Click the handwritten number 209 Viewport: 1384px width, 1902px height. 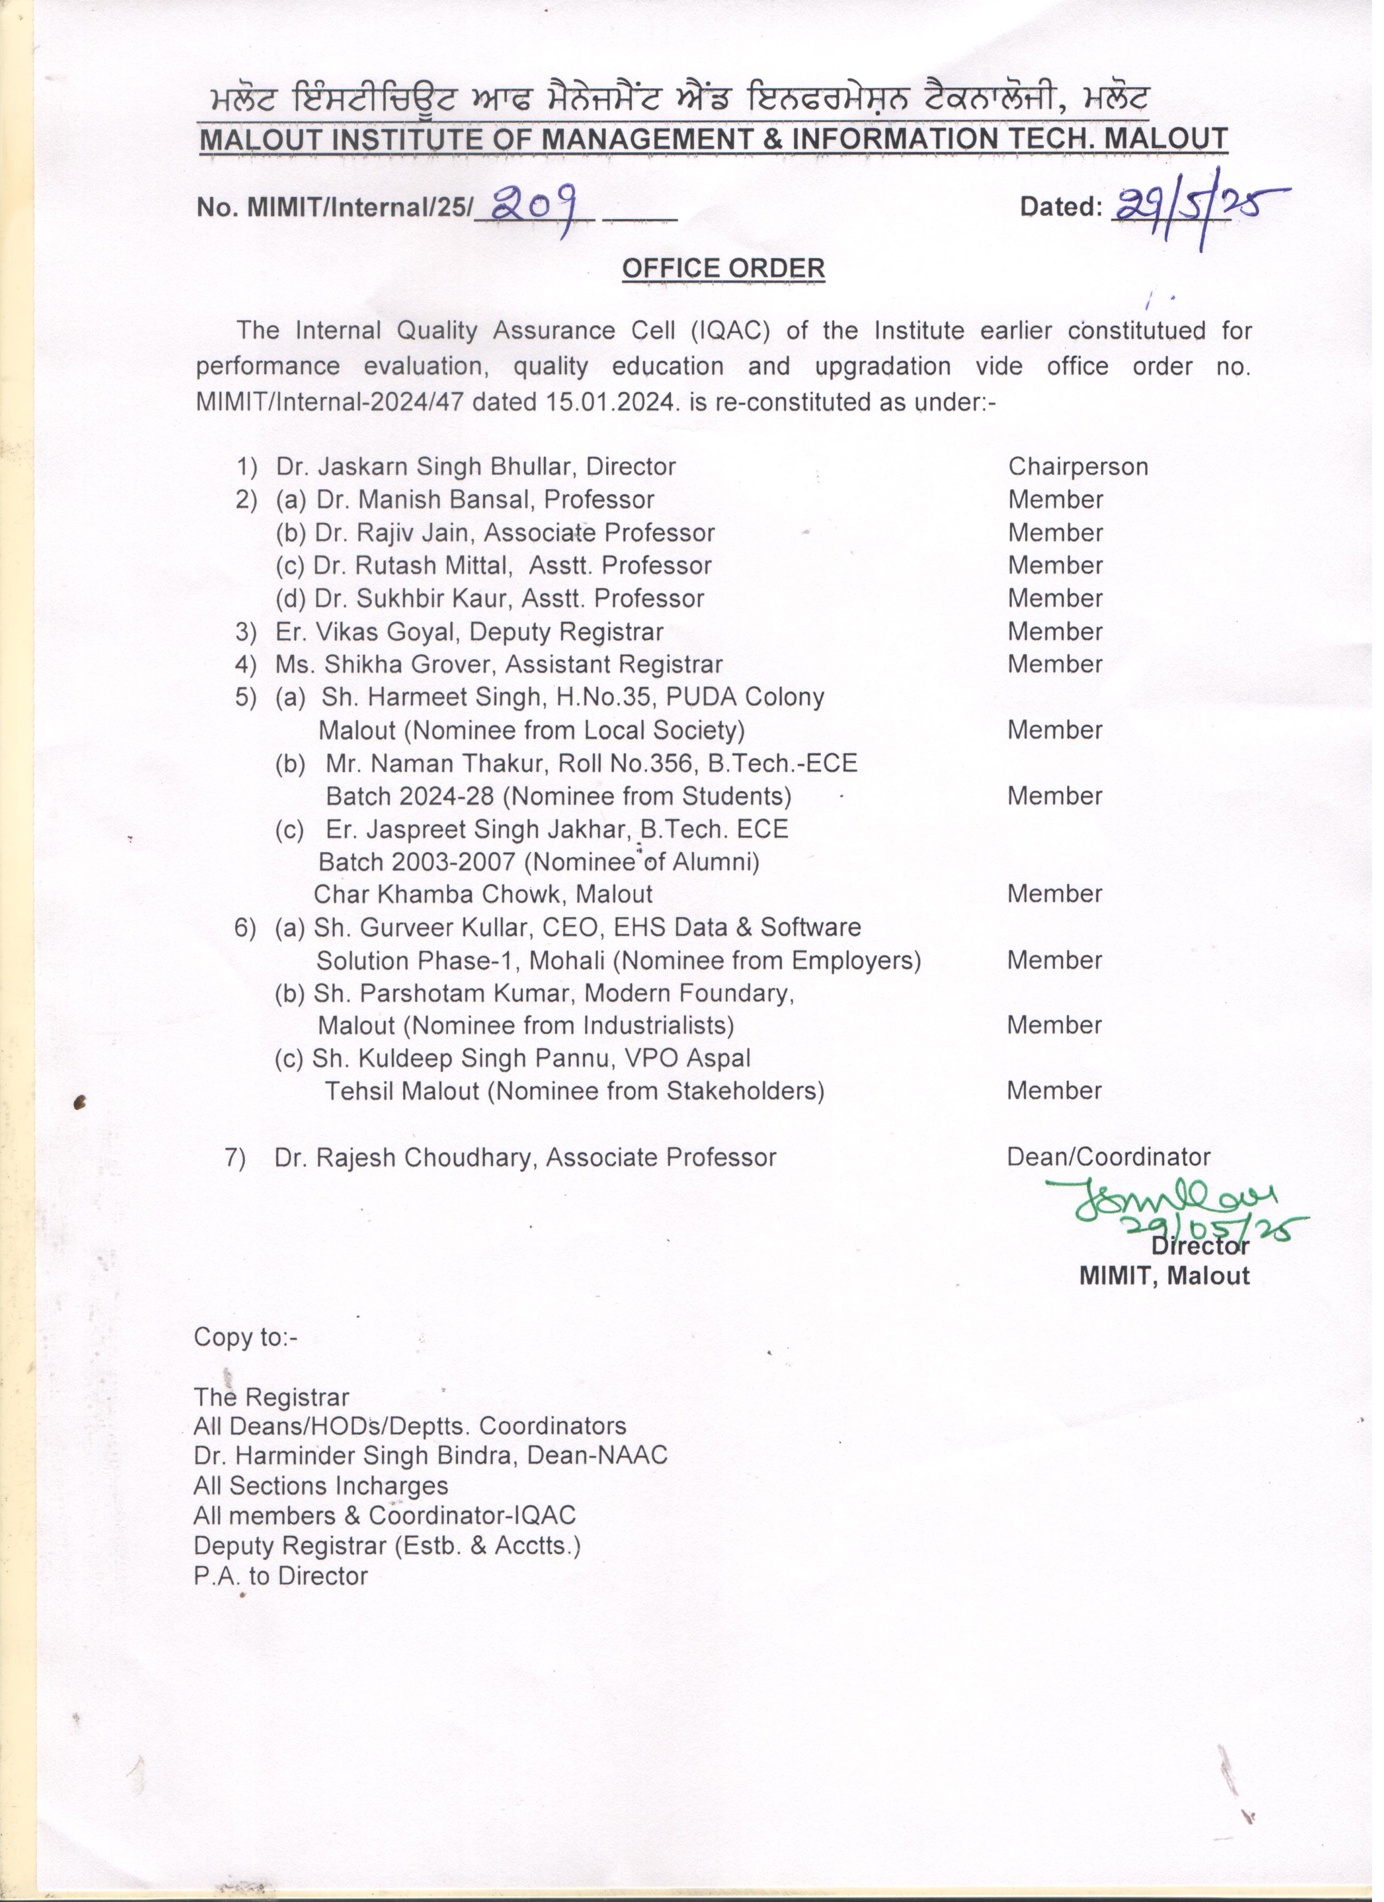click(534, 205)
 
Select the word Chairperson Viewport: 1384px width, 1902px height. click(1085, 470)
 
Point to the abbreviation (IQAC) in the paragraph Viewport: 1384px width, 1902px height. click(732, 333)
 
